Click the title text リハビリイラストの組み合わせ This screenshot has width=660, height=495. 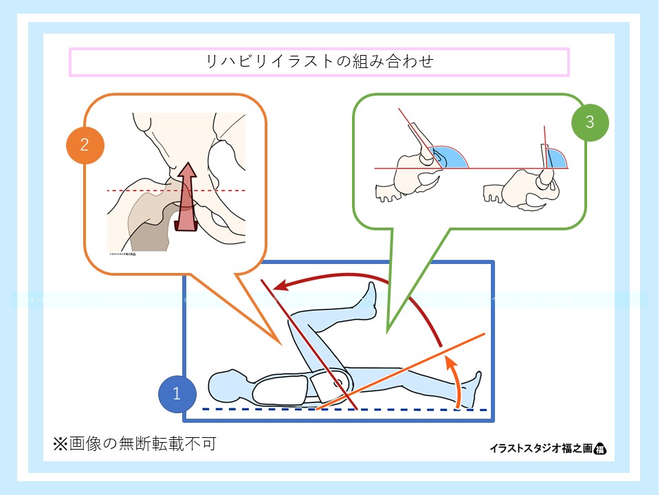click(x=320, y=62)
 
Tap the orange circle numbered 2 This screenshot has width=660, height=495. click(x=84, y=145)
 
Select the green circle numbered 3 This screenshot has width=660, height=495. click(x=590, y=122)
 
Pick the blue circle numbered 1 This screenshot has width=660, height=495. click(x=177, y=394)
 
